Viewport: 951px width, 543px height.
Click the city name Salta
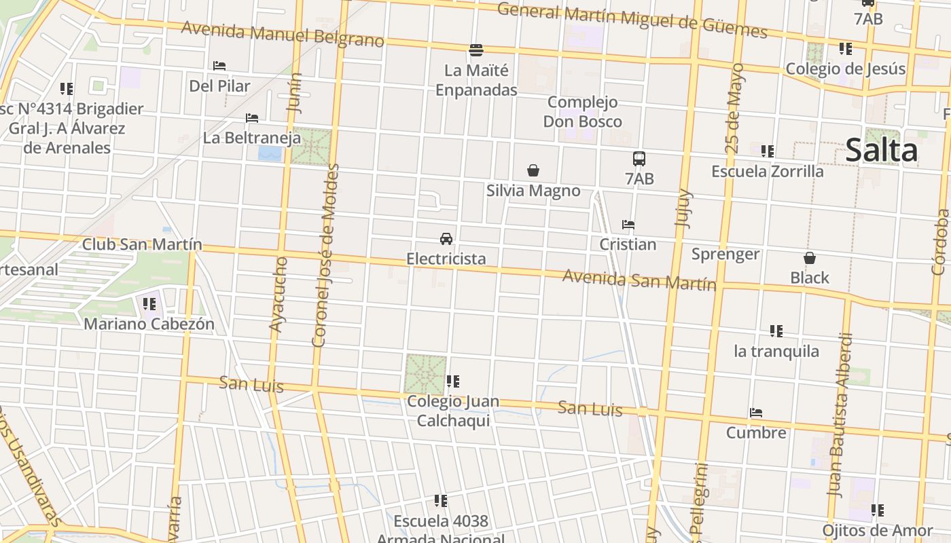pyautogui.click(x=881, y=151)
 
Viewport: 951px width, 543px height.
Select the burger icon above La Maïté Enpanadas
pyautogui.click(x=476, y=50)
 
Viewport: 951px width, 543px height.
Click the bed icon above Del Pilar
pyautogui.click(x=219, y=66)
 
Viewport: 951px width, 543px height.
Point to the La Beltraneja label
pyautogui.click(x=252, y=138)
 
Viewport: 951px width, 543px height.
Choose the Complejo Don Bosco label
pyautogui.click(x=583, y=112)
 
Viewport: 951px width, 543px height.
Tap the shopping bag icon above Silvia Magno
pyautogui.click(x=533, y=170)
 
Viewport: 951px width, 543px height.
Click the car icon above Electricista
pyautogui.click(x=446, y=239)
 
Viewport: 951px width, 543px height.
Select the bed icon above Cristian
pyautogui.click(x=628, y=225)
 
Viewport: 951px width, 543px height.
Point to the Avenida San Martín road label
pyautogui.click(x=639, y=280)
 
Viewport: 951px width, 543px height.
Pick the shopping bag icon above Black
pyautogui.click(x=810, y=258)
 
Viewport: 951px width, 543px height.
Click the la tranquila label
pyautogui.click(x=776, y=351)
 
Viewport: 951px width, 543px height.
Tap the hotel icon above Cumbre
pyautogui.click(x=756, y=413)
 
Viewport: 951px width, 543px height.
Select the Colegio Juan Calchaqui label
pyautogui.click(x=453, y=411)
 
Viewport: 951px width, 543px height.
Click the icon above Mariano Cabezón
pyautogui.click(x=149, y=304)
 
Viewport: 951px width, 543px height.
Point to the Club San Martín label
pyautogui.click(x=142, y=244)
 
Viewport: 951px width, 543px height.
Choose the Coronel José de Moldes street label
pyautogui.click(x=325, y=255)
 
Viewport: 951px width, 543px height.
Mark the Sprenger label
pyautogui.click(x=725, y=255)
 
